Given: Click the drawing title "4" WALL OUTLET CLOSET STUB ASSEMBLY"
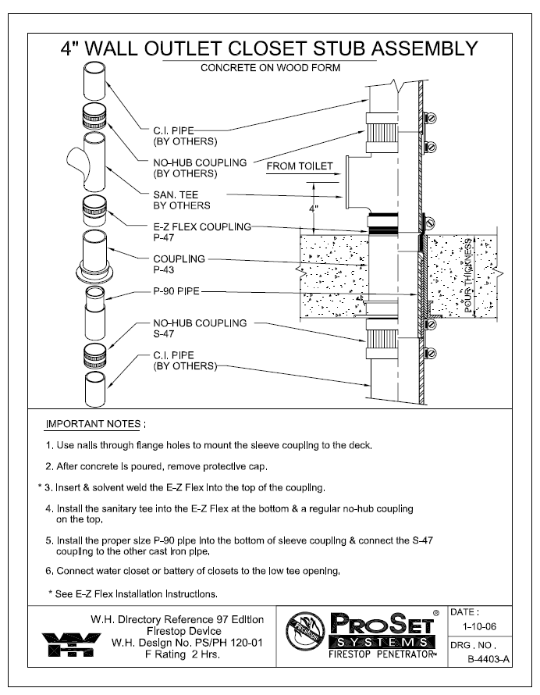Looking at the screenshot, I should coord(269,49).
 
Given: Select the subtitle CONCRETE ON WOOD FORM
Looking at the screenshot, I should coord(270,68).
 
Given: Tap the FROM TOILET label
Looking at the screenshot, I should coord(300,166).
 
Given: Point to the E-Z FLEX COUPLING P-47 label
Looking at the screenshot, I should coord(202,232).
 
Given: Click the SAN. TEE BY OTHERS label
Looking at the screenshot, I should coord(182,200).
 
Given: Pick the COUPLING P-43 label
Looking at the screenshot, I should coord(179,264).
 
